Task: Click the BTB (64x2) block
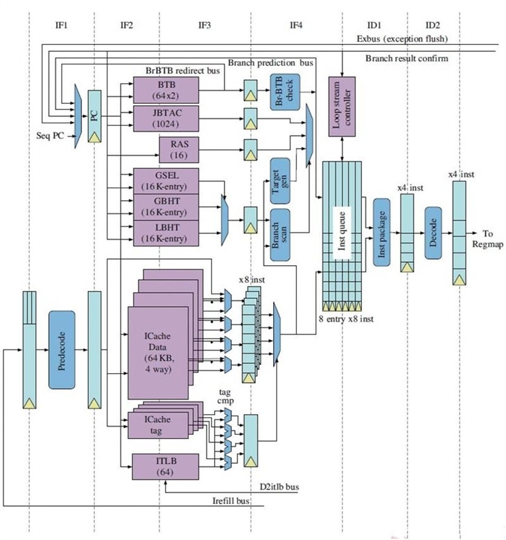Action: tap(166, 90)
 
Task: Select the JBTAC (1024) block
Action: tap(166, 118)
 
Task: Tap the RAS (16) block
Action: tap(179, 150)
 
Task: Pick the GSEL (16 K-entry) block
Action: tap(166, 181)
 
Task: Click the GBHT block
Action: tap(166, 207)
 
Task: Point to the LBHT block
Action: tap(166, 233)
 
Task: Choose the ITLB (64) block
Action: tap(166, 467)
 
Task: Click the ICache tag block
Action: tap(158, 425)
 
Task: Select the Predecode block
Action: tap(62, 350)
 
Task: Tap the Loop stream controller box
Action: tap(342, 107)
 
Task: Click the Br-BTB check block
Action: tap(285, 92)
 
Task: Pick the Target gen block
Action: tap(280, 181)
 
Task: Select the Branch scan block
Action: tap(280, 235)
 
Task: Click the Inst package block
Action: tap(381, 232)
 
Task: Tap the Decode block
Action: tap(433, 233)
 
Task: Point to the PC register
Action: tap(94, 116)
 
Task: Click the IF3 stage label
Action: tap(204, 25)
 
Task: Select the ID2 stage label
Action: tap(433, 25)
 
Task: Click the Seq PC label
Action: tap(50, 136)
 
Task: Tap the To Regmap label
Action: tap(487, 239)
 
